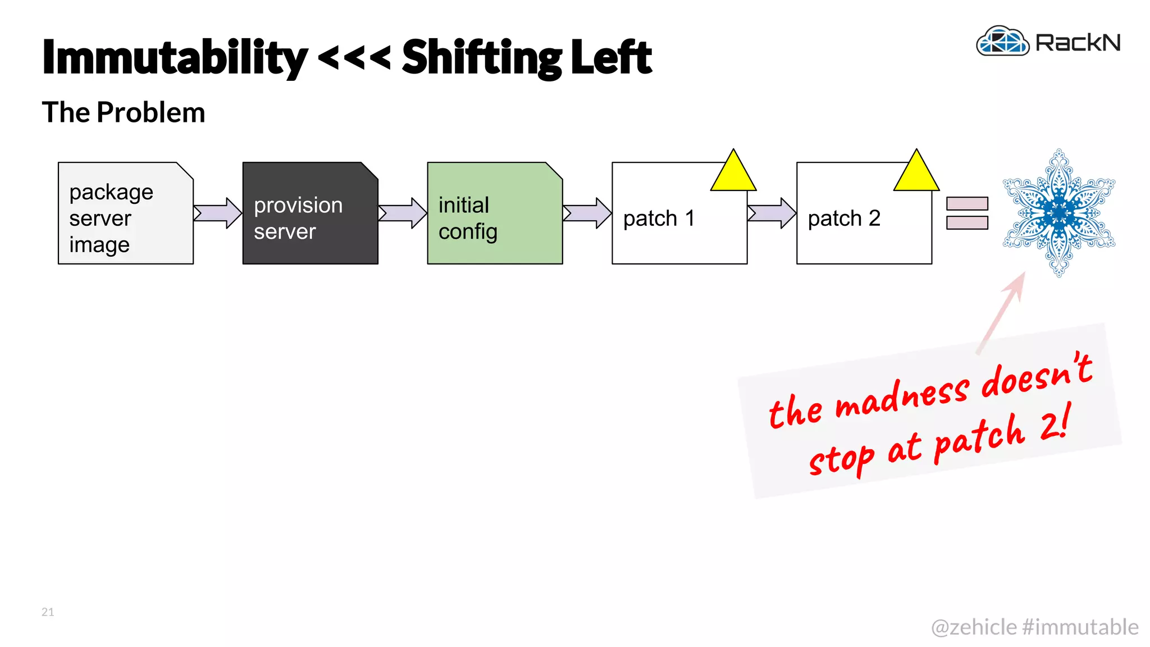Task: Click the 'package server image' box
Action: [125, 213]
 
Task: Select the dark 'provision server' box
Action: [310, 213]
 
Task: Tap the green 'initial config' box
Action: [494, 213]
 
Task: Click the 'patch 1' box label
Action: [659, 218]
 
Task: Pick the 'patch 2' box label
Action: [843, 218]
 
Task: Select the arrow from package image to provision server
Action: [218, 213]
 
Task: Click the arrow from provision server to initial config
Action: [403, 213]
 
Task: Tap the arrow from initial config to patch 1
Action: [587, 213]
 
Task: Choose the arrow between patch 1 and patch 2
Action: [772, 213]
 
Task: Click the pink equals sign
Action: [967, 213]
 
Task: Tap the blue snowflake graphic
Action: [1059, 213]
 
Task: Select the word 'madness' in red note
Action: [902, 397]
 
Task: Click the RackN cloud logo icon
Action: [1002, 42]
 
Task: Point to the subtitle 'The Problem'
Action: [124, 112]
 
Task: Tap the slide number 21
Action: [48, 612]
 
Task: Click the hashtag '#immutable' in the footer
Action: [1080, 627]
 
